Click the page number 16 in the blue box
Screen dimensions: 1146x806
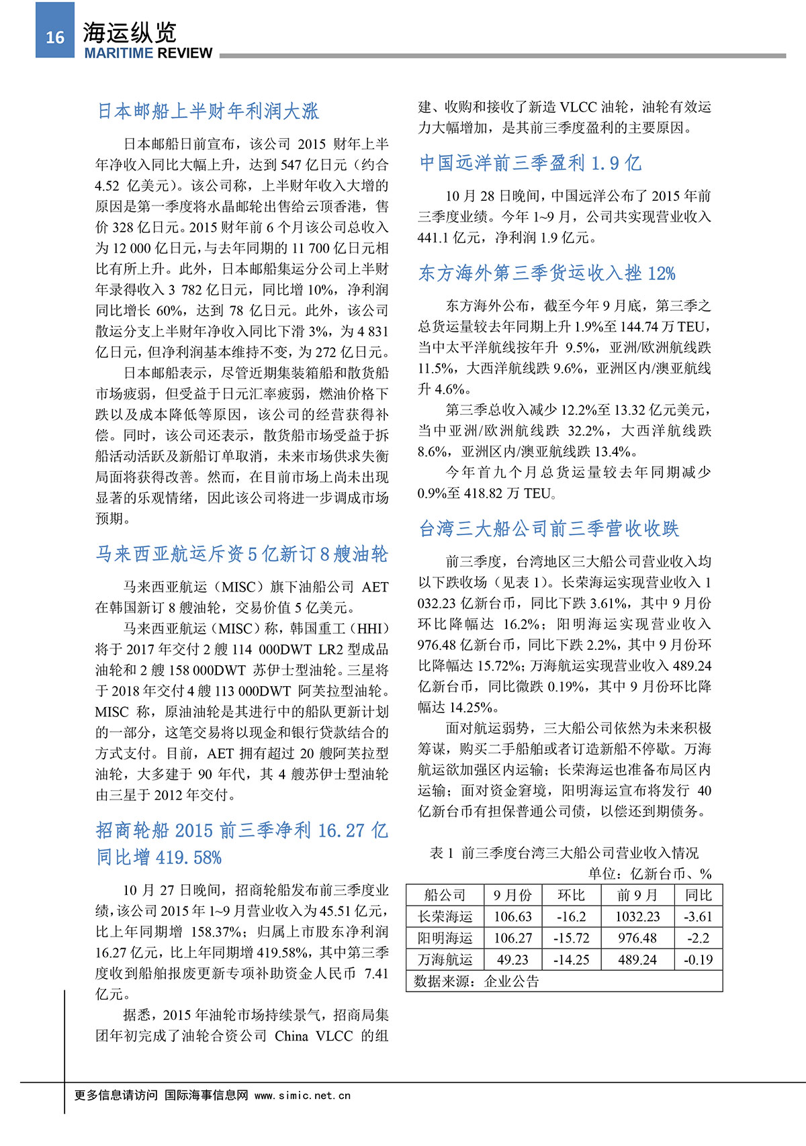[55, 38]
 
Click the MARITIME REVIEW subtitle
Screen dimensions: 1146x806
[148, 53]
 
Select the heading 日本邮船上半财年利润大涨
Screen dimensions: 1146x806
[208, 111]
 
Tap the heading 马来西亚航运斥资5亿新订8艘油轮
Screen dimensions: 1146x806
[242, 554]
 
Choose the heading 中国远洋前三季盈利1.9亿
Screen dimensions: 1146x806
[530, 162]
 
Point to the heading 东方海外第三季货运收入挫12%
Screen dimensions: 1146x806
[547, 273]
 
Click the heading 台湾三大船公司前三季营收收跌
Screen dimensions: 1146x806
[549, 529]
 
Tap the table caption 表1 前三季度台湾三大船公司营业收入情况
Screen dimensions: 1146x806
[564, 853]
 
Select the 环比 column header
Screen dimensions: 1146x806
[571, 895]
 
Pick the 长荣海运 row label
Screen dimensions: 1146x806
[445, 916]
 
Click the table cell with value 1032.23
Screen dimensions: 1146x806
[637, 916]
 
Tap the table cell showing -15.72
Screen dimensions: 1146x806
[571, 938]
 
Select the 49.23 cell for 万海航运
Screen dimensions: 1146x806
[512, 959]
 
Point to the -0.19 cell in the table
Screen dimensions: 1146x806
[698, 959]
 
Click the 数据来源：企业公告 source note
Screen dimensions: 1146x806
[476, 982]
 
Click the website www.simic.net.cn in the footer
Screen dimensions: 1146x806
[302, 1095]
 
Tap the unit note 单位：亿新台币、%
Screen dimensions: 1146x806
[650, 873]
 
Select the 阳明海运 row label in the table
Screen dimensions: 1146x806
[445, 938]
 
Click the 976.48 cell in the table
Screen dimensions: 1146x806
[637, 938]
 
